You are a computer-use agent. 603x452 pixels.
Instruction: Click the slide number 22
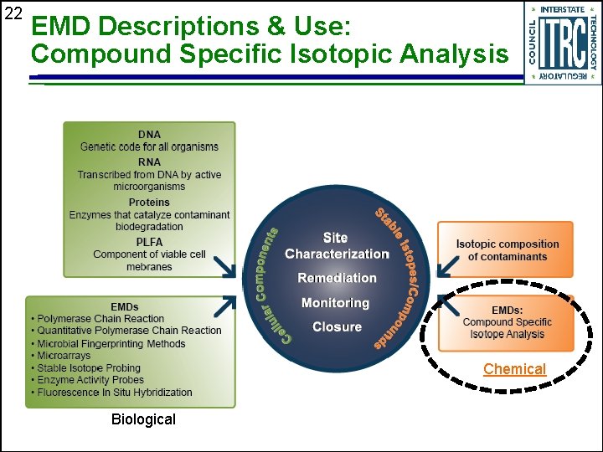tap(12, 13)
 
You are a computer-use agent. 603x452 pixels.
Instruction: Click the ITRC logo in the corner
tap(562, 43)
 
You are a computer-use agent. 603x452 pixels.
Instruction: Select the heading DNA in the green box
tap(149, 134)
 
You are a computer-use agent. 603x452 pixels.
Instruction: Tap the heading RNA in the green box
tap(149, 162)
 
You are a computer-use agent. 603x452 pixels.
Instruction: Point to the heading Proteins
tap(149, 202)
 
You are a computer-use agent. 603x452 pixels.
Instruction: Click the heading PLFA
tap(149, 242)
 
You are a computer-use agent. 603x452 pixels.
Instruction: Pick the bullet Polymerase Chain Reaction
tap(100, 319)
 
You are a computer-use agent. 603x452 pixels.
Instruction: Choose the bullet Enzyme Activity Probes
tap(90, 380)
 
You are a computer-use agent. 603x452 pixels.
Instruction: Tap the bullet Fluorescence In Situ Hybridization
tap(114, 392)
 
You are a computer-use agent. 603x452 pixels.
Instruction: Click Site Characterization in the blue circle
tap(337, 246)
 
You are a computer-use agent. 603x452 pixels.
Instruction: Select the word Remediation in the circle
tap(337, 278)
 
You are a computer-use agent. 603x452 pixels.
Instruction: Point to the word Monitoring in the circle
tap(335, 303)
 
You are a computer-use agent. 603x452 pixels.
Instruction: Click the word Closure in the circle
tap(337, 326)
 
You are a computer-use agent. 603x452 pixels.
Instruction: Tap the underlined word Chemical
tap(514, 369)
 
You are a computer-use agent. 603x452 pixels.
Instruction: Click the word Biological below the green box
tap(143, 419)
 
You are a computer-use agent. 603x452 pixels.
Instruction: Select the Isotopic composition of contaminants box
tap(506, 249)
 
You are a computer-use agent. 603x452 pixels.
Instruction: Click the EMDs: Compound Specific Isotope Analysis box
tap(506, 322)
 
